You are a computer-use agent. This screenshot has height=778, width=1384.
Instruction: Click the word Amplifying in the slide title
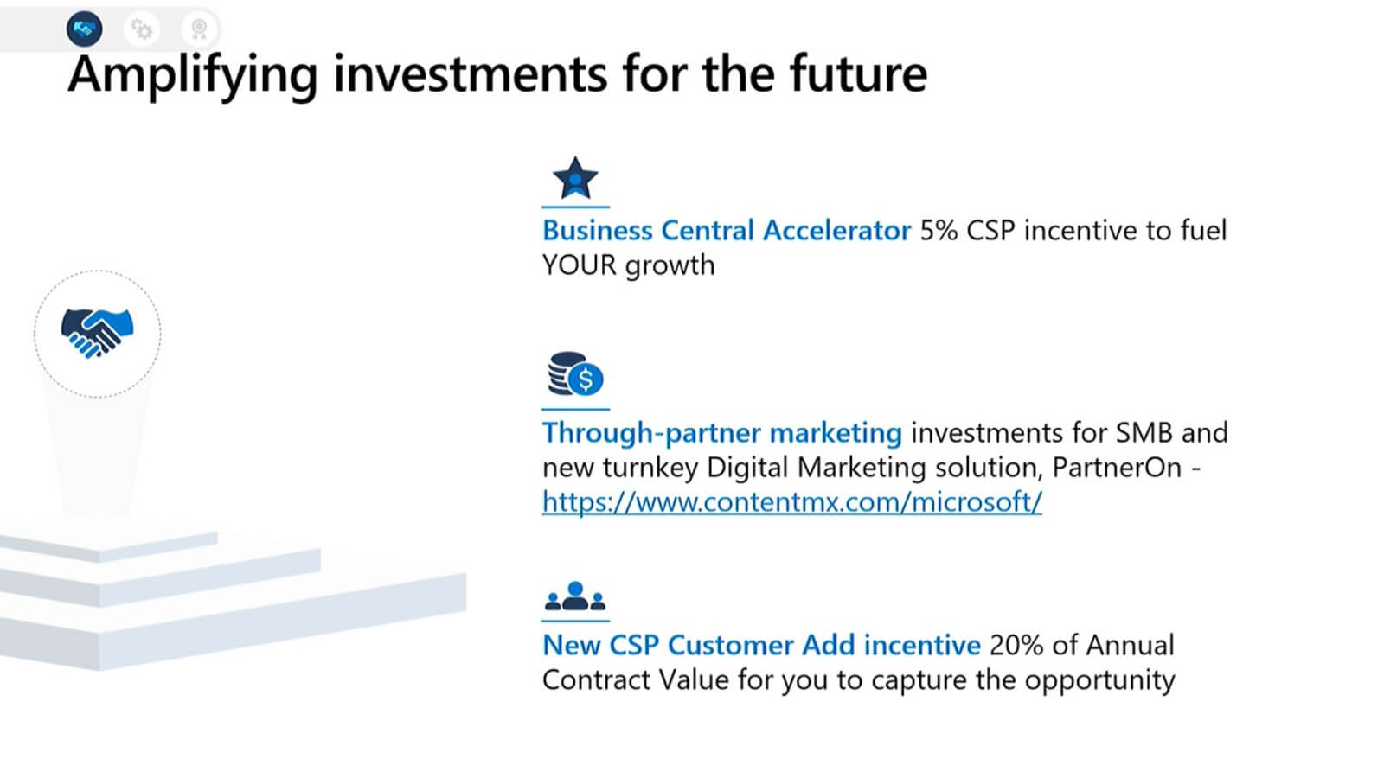pos(192,75)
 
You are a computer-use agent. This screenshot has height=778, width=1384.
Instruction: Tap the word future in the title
pos(859,73)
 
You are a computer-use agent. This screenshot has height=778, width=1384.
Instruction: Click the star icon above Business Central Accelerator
pos(575,178)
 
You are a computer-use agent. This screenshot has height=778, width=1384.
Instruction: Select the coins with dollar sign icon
pos(575,373)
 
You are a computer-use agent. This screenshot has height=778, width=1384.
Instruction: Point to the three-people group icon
pos(575,596)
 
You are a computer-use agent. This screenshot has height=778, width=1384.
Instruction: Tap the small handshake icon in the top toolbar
pos(85,29)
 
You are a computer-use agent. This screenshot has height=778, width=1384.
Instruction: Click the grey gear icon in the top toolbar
pos(142,29)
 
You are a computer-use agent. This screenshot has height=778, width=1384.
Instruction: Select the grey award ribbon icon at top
pos(199,29)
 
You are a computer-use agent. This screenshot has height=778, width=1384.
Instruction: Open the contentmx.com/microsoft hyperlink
pos(792,501)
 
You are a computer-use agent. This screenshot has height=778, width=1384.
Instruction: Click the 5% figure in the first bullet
pos(939,230)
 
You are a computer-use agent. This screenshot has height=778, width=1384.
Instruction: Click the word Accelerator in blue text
pos(836,230)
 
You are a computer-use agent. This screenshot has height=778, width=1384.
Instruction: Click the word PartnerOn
pos(1117,468)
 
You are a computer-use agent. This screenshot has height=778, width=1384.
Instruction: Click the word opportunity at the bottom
pos(1099,680)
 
